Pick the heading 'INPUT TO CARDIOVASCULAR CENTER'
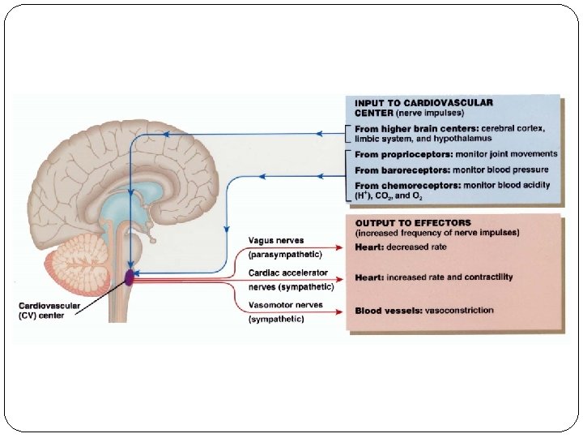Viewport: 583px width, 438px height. tap(423, 108)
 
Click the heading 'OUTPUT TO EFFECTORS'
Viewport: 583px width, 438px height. tap(413, 223)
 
